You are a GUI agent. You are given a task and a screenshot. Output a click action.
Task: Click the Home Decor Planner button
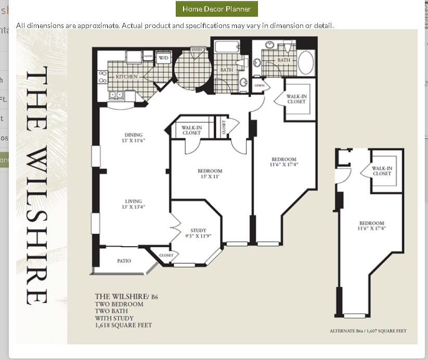[216, 9]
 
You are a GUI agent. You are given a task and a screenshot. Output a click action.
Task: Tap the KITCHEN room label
[126, 76]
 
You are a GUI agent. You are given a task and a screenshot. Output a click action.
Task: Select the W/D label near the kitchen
[163, 57]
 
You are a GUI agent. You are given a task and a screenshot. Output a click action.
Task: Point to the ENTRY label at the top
[197, 50]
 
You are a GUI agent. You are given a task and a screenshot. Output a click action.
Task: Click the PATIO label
[123, 261]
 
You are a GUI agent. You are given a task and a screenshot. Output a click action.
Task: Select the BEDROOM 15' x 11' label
[210, 174]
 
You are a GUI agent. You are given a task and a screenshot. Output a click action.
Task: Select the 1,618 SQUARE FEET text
[123, 325]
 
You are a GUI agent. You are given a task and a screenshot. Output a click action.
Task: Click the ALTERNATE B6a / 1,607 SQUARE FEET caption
[368, 331]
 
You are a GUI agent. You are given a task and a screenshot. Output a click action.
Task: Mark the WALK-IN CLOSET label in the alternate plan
[382, 171]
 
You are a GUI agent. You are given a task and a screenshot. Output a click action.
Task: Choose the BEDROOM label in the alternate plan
[371, 225]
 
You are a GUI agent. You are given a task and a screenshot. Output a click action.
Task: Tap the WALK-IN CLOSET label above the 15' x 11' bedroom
[191, 130]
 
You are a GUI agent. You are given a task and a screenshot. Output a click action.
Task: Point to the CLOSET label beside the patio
[166, 255]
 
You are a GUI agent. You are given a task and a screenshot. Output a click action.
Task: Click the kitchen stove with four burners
[103, 77]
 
